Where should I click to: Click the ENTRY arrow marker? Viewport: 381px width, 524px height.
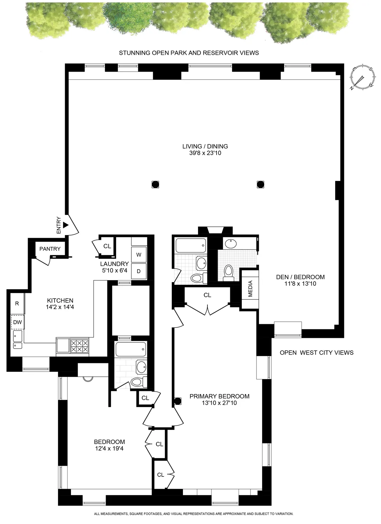65,226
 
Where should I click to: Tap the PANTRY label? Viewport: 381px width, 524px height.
50,249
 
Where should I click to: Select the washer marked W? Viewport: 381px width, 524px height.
139,255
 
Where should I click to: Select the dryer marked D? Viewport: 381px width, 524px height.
139,271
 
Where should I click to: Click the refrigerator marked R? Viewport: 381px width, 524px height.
17,304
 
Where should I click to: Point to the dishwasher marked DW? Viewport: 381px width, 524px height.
17,322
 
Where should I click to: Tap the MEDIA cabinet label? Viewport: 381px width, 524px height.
250,289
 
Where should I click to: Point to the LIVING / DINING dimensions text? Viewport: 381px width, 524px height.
205,153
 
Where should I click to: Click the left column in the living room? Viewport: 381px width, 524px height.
155,184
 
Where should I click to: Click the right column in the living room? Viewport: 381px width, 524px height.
260,184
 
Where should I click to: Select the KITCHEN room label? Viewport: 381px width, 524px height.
60,300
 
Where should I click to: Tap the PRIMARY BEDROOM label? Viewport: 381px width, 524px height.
219,396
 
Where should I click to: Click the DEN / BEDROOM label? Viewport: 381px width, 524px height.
300,277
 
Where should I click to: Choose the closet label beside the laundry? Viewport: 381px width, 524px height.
107,246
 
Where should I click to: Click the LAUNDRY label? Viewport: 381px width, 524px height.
114,264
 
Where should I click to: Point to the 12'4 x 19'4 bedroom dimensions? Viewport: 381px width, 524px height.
109,448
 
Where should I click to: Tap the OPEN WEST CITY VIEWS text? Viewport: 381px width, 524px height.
316,352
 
